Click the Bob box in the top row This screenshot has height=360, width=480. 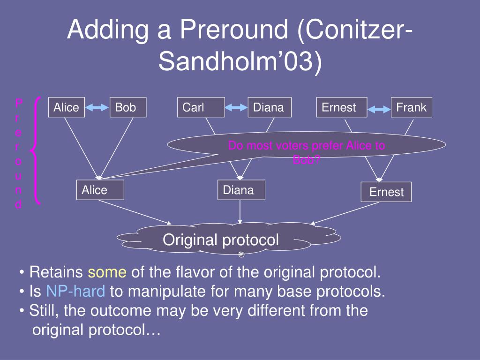point(128,107)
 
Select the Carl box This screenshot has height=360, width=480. point(201,107)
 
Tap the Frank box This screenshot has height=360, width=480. point(412,107)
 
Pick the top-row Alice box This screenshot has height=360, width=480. point(67,107)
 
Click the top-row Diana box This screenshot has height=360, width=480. point(270,107)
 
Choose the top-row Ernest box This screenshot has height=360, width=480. point(342,107)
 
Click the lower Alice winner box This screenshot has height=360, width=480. point(100,190)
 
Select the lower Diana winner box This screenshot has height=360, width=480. point(241,190)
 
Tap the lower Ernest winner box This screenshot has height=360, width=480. point(386,192)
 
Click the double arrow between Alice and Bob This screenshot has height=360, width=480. point(97,107)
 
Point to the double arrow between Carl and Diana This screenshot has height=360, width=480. point(236,107)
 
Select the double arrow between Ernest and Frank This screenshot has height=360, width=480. point(379,109)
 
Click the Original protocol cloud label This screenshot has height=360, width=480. point(221,240)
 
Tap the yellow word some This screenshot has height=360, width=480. point(107,272)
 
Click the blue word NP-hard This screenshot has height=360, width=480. point(75,291)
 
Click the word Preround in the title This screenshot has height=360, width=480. point(234,29)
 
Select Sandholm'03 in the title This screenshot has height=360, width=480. point(240,60)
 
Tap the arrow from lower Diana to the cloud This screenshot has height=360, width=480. point(240,212)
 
